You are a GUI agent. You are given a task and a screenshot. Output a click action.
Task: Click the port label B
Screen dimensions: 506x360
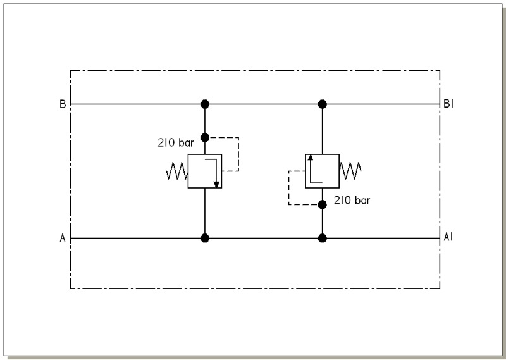click(x=63, y=104)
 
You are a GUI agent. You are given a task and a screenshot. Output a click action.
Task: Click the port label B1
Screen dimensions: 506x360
click(x=448, y=104)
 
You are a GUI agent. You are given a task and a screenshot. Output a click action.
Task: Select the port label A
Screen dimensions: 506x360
click(x=63, y=238)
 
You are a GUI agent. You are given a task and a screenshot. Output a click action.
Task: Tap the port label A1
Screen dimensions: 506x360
click(x=448, y=237)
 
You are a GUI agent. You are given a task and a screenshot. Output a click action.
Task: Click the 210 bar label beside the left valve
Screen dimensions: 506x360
click(x=176, y=142)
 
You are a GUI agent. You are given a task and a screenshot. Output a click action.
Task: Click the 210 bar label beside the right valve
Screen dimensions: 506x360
click(x=352, y=200)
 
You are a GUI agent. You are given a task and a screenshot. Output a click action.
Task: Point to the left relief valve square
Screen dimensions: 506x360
click(x=205, y=171)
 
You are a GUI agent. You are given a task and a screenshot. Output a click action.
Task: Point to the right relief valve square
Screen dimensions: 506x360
click(x=323, y=171)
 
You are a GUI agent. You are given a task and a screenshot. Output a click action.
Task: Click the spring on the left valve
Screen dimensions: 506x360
click(x=177, y=171)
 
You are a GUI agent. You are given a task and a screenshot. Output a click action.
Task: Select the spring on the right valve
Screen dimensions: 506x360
click(x=350, y=171)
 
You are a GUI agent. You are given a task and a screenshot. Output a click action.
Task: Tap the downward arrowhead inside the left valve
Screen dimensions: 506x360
click(x=216, y=184)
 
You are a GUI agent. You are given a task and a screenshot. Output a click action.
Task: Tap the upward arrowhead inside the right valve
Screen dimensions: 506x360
click(x=311, y=158)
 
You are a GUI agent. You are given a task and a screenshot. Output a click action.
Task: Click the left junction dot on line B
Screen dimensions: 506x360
click(x=205, y=104)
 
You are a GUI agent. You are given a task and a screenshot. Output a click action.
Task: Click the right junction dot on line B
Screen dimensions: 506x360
click(x=323, y=104)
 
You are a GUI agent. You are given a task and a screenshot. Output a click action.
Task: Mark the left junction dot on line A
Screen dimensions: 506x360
click(x=205, y=239)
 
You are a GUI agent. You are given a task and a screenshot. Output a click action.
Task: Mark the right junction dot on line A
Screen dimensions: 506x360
click(x=323, y=239)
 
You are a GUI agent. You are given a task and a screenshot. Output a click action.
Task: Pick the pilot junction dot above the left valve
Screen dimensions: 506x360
click(x=205, y=138)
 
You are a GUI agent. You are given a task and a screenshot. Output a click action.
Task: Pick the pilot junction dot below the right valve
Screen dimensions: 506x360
click(x=323, y=205)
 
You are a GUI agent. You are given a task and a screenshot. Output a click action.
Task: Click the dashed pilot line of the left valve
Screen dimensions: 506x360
click(x=238, y=154)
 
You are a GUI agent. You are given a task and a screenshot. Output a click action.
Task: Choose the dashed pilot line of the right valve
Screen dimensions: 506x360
click(x=289, y=188)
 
